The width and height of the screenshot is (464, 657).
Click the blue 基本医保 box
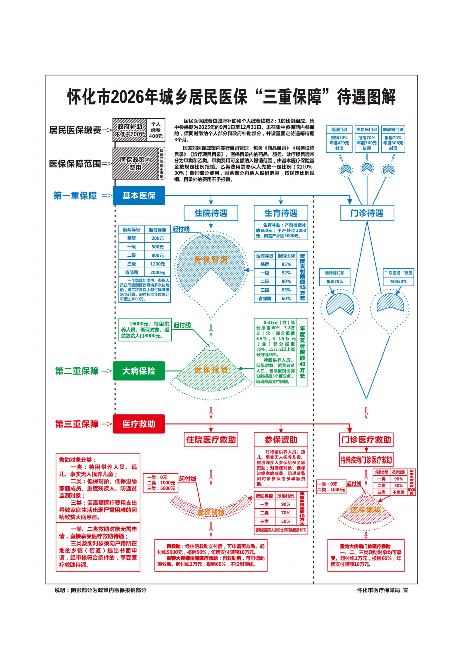139,195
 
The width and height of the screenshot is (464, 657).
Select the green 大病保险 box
139,371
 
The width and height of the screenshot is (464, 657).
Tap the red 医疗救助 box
139,424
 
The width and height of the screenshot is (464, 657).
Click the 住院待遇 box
211,213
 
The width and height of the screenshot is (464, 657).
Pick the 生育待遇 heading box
281,213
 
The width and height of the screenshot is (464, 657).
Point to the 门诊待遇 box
367,213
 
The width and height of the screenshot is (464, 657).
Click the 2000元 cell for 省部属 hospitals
157,272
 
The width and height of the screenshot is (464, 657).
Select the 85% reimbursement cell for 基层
286,264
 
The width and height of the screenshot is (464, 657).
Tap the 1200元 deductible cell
157,264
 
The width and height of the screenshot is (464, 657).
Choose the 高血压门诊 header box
367,129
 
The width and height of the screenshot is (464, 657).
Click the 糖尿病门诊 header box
393,129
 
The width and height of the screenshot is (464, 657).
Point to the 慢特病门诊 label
334,273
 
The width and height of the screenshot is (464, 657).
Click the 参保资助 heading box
281,440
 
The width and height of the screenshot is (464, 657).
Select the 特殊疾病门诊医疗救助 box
366,460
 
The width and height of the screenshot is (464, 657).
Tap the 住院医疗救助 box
211,440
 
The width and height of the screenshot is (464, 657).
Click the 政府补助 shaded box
130,130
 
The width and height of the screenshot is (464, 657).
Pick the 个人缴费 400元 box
156,130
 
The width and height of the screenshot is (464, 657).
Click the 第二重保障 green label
77,371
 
